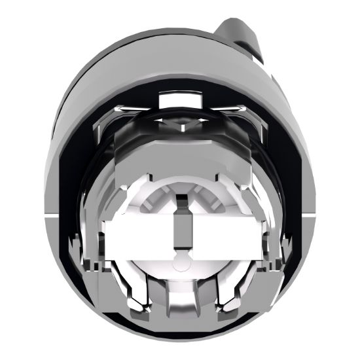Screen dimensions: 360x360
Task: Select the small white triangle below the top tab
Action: point(179,120)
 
